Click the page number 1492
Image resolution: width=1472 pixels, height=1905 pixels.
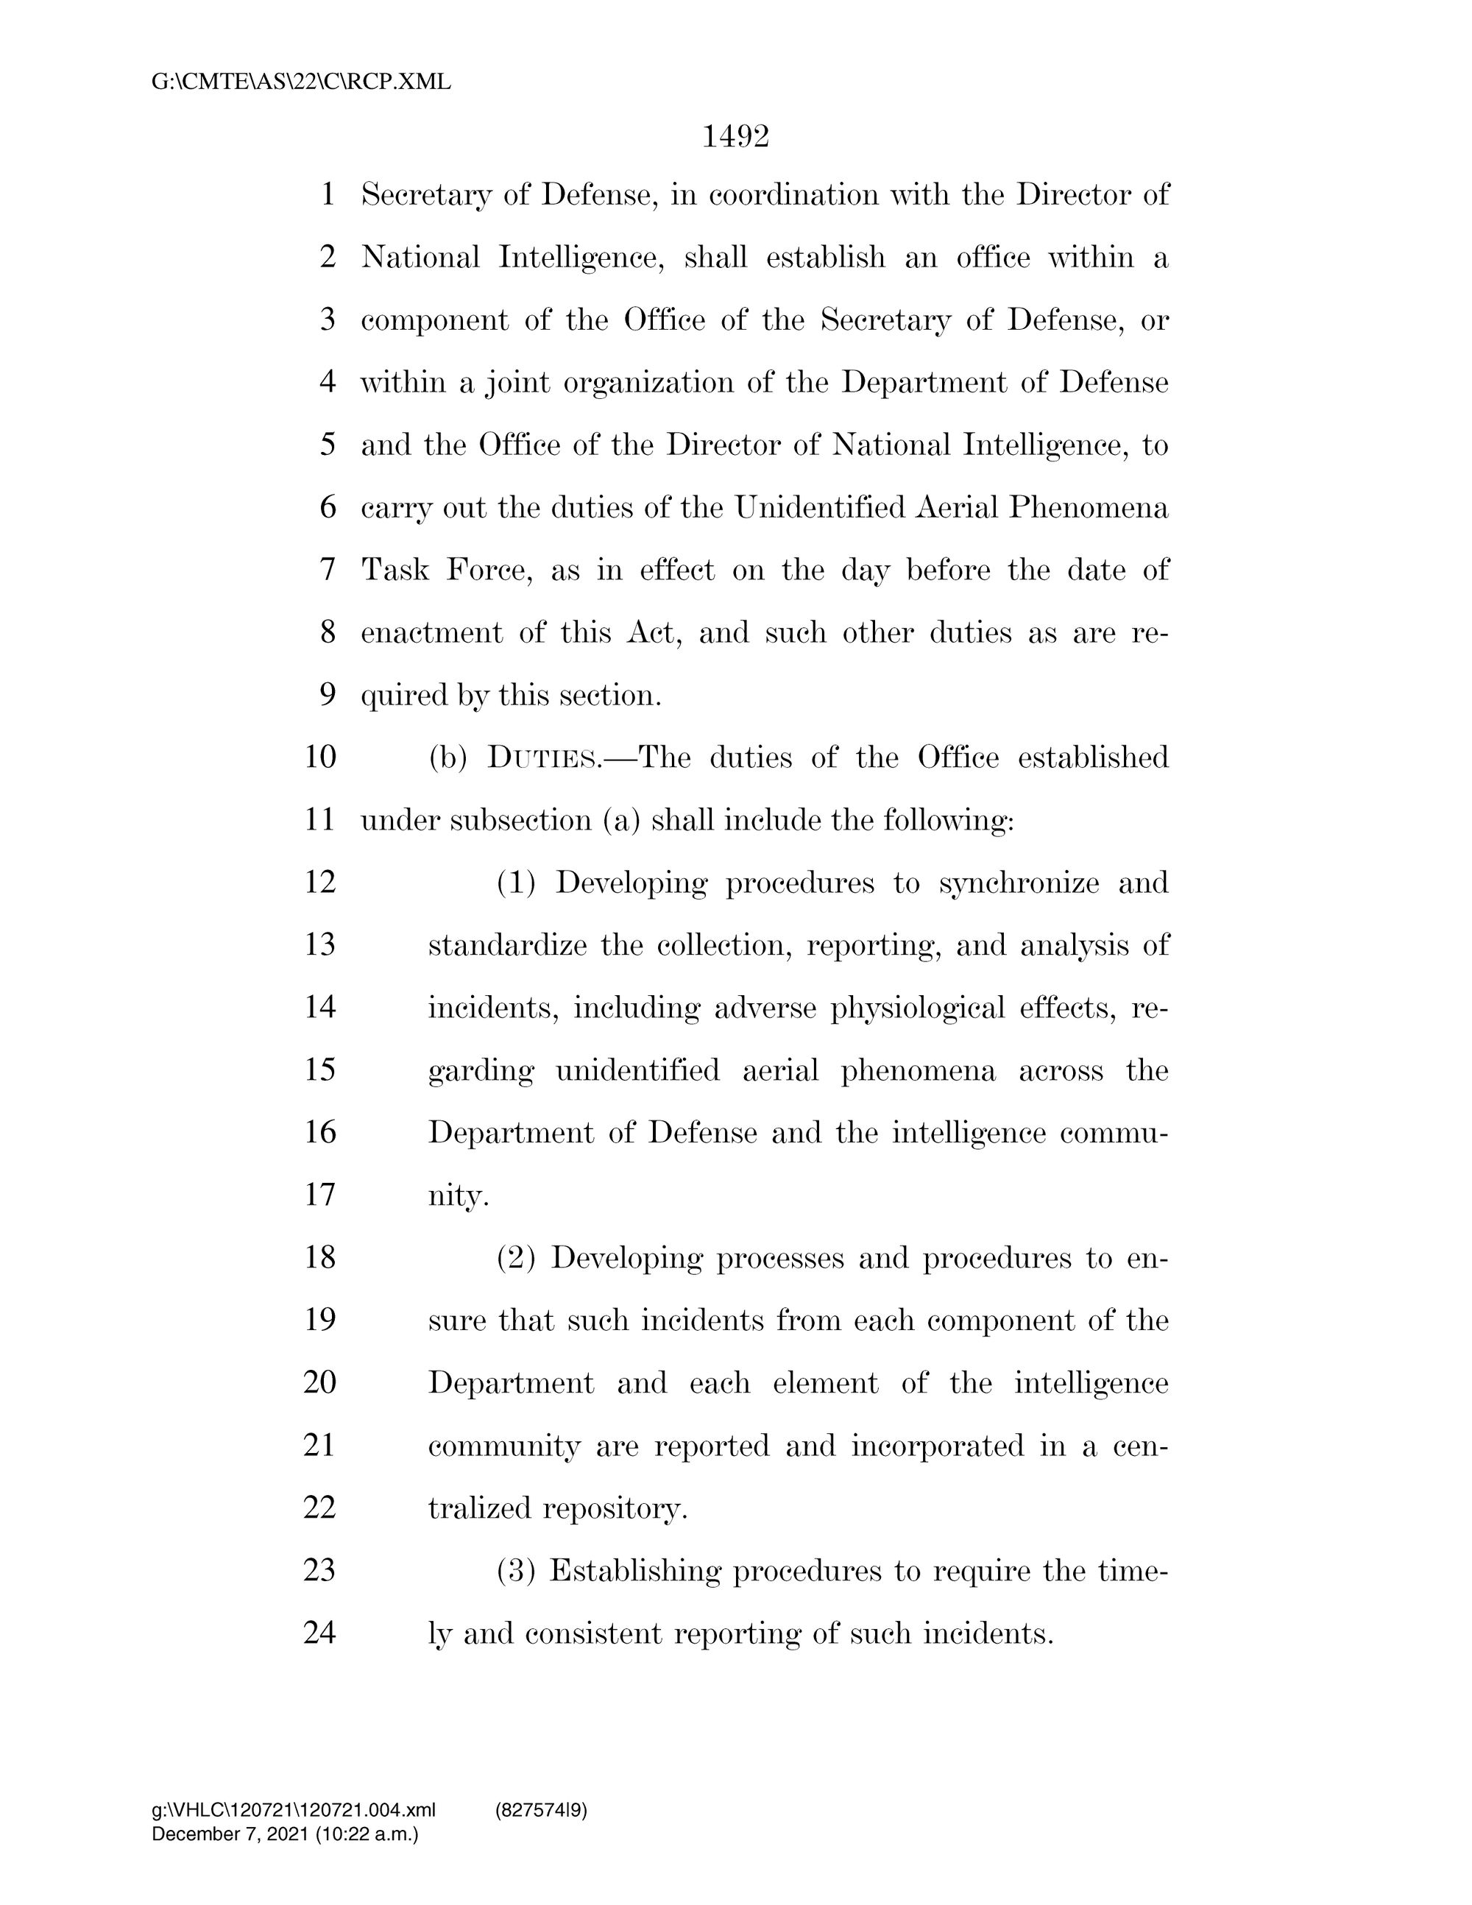click(735, 137)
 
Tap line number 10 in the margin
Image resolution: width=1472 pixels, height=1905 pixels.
click(320, 756)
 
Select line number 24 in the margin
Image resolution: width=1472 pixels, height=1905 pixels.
click(320, 1632)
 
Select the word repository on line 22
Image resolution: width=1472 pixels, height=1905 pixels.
click(614, 1508)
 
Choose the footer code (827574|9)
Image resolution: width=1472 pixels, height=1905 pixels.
click(541, 1811)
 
